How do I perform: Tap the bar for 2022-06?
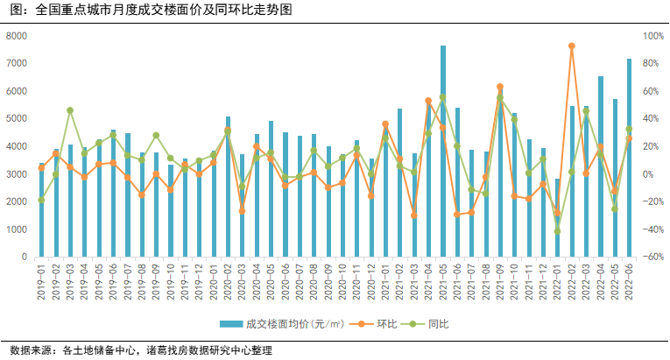[629, 158]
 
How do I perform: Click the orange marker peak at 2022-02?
[572, 46]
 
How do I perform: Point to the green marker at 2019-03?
[70, 110]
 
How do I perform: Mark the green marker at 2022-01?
[557, 231]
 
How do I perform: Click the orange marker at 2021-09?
[500, 87]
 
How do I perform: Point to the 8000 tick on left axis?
[17, 36]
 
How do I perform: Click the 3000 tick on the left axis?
[17, 174]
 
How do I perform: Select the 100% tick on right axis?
[653, 36]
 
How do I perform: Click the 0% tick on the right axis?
[650, 174]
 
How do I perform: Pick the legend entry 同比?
[427, 324]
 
